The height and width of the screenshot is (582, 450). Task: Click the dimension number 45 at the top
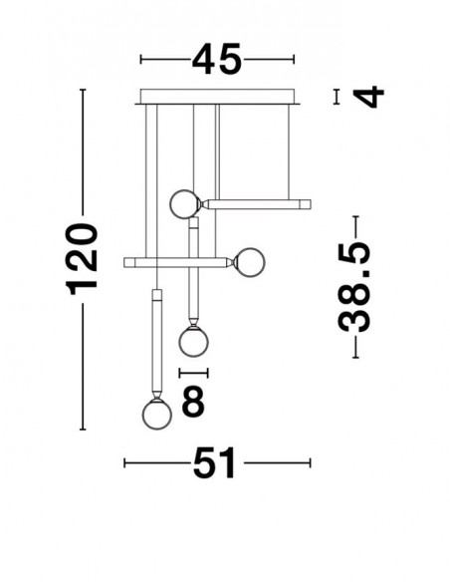[217, 59]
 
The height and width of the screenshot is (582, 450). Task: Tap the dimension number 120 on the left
[82, 259]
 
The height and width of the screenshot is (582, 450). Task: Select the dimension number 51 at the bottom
[215, 462]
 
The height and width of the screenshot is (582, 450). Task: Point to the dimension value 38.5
[354, 287]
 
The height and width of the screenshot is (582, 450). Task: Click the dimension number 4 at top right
[368, 97]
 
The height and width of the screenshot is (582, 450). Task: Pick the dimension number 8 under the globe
[193, 401]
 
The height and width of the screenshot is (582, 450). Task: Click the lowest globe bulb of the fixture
[157, 415]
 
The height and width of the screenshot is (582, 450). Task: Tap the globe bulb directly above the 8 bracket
[193, 342]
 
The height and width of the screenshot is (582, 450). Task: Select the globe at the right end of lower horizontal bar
[250, 262]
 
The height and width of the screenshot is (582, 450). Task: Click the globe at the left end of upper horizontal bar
[184, 204]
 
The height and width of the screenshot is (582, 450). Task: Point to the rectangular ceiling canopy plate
[217, 97]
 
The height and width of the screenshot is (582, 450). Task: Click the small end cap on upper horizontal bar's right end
[305, 204]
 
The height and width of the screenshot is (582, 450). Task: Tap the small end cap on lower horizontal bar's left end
[129, 262]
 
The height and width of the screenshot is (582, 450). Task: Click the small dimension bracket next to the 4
[337, 97]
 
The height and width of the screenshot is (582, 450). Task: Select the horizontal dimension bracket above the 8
[193, 373]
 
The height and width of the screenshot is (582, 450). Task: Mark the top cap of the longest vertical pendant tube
[156, 296]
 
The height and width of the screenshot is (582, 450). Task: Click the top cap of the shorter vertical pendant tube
[193, 222]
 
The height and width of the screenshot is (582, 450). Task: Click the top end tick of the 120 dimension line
[83, 90]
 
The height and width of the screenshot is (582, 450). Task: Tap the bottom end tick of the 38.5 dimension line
[355, 358]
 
